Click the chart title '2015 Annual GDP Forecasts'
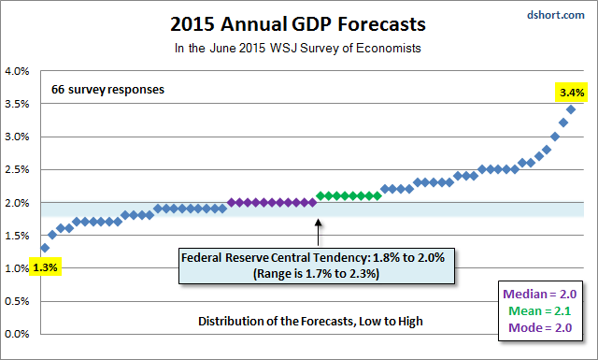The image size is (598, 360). [x=298, y=24]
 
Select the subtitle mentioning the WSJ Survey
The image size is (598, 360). [x=298, y=48]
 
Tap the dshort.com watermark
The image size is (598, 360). [x=556, y=15]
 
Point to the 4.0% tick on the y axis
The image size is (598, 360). [x=17, y=71]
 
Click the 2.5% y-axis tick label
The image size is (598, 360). [x=17, y=169]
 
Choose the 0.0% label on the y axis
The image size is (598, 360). [x=17, y=334]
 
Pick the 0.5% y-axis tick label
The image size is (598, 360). [x=17, y=301]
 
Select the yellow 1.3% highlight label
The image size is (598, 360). [x=45, y=267]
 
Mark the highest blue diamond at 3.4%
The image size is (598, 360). [x=571, y=109]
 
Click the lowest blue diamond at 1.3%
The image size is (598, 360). [x=45, y=248]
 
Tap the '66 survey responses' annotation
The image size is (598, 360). [x=108, y=90]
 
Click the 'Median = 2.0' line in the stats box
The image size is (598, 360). [x=540, y=294]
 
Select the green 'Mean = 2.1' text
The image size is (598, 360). [x=540, y=310]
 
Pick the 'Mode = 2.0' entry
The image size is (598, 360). [x=540, y=327]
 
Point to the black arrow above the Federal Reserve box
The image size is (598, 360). [x=318, y=232]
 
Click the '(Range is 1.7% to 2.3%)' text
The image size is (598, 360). [x=316, y=274]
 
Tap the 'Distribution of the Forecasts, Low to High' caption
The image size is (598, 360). [x=310, y=321]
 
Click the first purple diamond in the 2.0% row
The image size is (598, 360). [x=231, y=202]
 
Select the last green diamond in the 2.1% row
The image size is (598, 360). [x=377, y=195]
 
